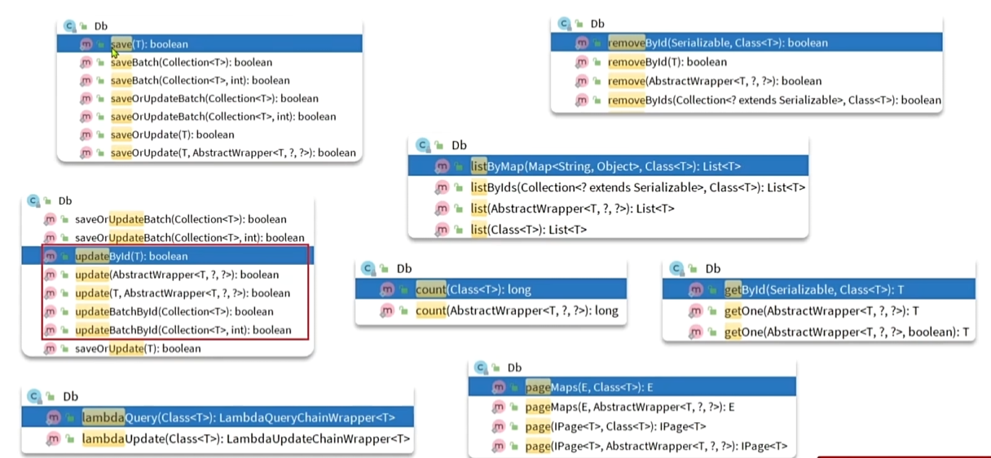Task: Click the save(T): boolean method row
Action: point(149,44)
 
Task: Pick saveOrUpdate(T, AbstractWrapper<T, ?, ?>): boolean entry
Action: point(233,152)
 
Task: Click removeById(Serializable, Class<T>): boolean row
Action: point(717,42)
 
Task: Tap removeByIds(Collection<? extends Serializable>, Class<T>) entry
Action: point(774,100)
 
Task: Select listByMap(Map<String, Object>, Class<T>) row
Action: point(605,166)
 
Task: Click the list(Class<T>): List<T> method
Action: point(528,230)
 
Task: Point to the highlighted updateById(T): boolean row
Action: point(130,256)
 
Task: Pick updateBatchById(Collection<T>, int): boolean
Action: point(183,330)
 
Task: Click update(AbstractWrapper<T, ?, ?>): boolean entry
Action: point(176,275)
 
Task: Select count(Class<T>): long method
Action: point(473,289)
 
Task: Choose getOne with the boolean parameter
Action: point(846,332)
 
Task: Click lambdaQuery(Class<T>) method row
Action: point(238,418)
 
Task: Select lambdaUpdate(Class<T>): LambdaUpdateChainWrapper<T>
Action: point(245,439)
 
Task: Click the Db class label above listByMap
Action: point(459,145)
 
